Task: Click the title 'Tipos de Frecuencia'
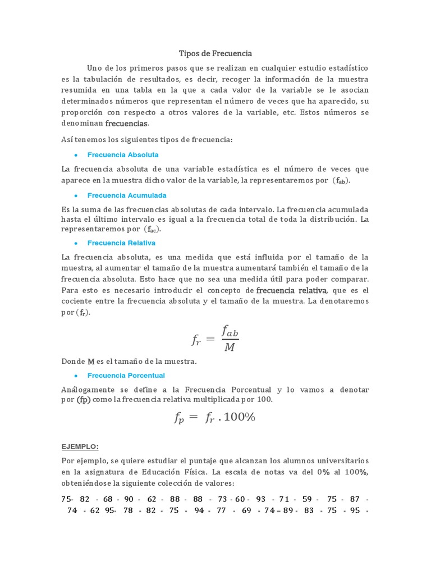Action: (215, 53)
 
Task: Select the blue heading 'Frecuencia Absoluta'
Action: (123, 154)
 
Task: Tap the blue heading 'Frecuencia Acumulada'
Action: (127, 195)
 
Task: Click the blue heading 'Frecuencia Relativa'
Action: (121, 243)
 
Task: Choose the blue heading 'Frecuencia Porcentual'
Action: (126, 375)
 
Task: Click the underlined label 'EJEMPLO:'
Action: (80, 446)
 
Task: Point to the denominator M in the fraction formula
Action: (230, 348)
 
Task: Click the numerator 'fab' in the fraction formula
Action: (230, 331)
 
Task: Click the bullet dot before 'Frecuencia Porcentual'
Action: (75, 376)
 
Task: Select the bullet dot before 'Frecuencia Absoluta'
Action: (75, 155)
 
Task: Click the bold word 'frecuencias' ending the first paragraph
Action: (127, 123)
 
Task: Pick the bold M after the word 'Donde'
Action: (91, 362)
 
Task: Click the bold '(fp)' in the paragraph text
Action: (84, 399)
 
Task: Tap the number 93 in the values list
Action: (261, 499)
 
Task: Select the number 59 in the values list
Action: (307, 499)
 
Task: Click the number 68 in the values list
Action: (108, 499)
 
